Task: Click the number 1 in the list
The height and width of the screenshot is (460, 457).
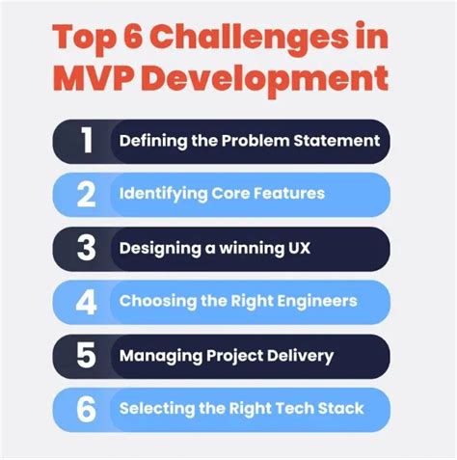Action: [86, 141]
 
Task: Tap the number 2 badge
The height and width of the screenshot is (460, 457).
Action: [86, 195]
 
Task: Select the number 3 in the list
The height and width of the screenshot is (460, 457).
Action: [86, 248]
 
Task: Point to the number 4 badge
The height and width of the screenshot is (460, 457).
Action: [86, 302]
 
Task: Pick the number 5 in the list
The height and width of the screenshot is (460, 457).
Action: [86, 356]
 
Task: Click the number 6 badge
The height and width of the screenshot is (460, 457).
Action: [86, 409]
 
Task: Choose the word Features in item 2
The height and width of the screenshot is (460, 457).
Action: [289, 194]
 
